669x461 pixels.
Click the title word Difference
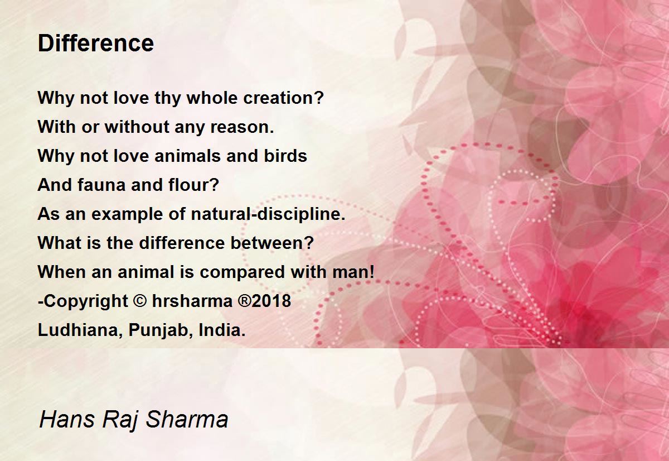pyautogui.click(x=96, y=43)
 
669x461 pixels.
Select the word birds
pyautogui.click(x=285, y=156)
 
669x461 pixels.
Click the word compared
pyautogui.click(x=242, y=272)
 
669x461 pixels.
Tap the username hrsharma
pyautogui.click(x=192, y=301)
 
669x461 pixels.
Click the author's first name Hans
pyautogui.click(x=67, y=419)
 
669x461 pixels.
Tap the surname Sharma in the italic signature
pyautogui.click(x=187, y=419)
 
